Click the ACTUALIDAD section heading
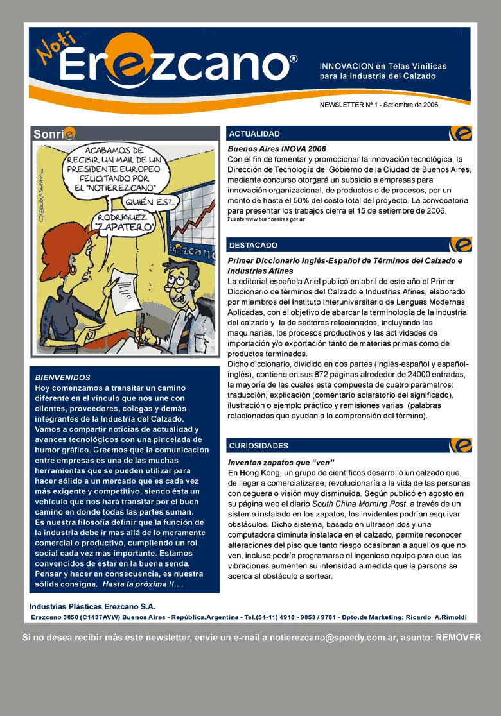click(x=254, y=133)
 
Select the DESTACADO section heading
click(x=254, y=245)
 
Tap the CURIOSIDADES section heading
click(x=259, y=445)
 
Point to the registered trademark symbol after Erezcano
click(x=294, y=58)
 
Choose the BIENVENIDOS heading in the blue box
click(x=62, y=377)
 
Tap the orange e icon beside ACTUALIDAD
click(x=461, y=133)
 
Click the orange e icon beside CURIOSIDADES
click(x=461, y=445)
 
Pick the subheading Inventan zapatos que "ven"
click(x=281, y=463)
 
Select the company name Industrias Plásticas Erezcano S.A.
click(x=92, y=606)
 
